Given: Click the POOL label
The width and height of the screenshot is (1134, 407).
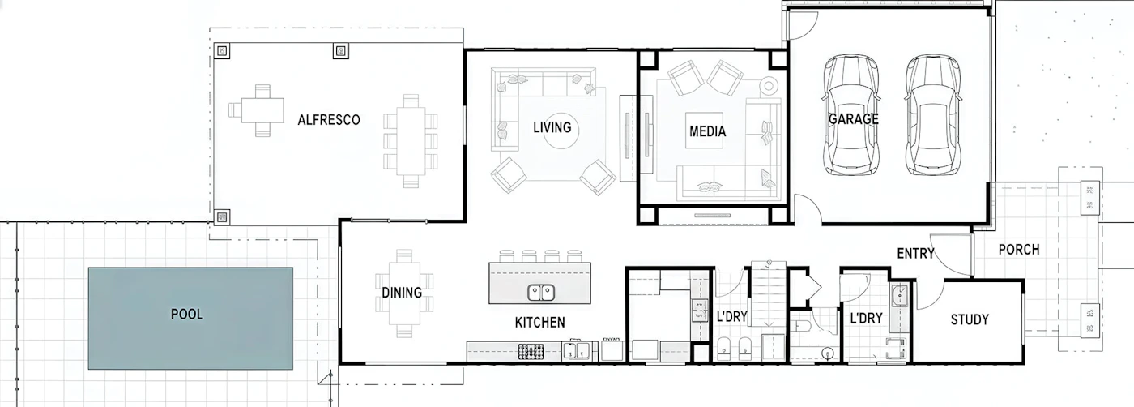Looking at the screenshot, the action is [187, 315].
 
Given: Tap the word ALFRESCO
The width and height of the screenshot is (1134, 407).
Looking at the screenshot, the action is [329, 120].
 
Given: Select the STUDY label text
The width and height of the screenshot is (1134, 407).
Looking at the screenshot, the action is [970, 319].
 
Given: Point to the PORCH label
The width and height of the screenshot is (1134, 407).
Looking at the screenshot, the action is [1019, 250].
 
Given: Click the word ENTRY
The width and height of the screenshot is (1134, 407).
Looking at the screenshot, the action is [915, 254].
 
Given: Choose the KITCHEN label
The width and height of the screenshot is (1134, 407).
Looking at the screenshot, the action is [539, 323].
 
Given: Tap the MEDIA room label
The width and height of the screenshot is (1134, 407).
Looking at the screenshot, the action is [707, 131].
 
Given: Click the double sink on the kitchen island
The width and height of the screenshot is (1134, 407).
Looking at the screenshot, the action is [541, 293].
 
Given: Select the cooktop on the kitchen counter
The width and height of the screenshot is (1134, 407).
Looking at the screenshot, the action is [531, 352].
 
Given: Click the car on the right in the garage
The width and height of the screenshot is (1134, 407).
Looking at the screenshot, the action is [932, 116].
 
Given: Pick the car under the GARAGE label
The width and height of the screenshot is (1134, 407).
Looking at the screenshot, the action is [851, 116].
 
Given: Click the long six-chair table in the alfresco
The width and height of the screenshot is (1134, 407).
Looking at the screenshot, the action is [411, 141].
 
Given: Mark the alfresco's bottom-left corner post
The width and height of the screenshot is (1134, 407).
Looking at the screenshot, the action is [222, 217].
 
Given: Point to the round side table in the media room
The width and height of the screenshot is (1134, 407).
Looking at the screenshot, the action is [769, 86].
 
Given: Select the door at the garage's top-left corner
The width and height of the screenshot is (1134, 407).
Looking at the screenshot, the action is [800, 25].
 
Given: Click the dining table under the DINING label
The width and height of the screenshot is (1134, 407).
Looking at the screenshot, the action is [404, 293].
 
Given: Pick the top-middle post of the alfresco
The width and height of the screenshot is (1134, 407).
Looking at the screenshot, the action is [341, 51].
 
